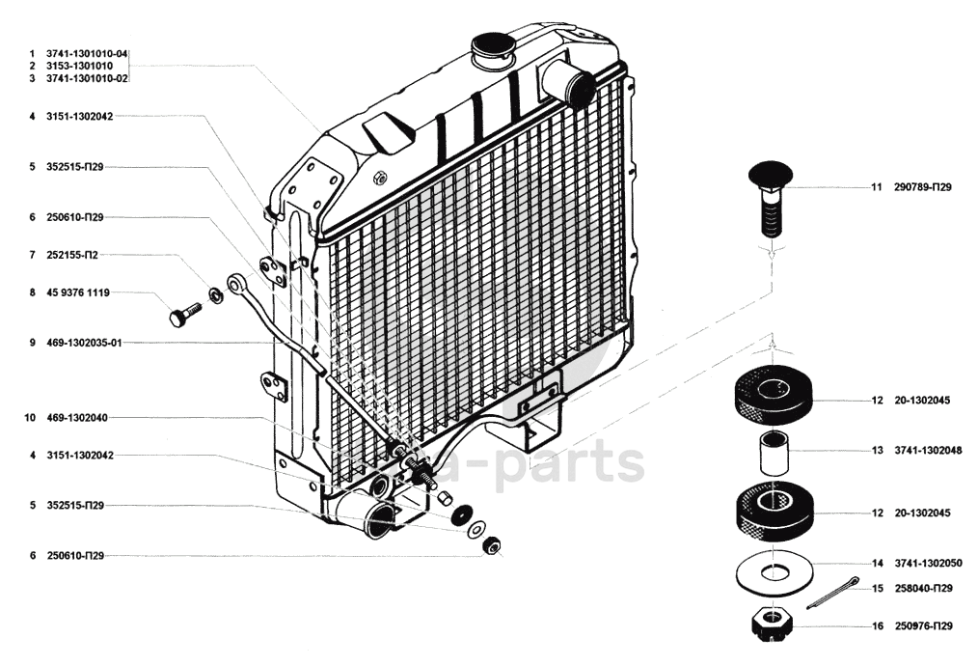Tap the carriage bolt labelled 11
(769, 198)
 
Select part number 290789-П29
(923, 187)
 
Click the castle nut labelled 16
(773, 623)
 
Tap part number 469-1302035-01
(85, 343)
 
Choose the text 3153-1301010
(79, 65)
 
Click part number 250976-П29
(923, 626)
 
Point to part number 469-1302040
(77, 419)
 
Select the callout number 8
(32, 292)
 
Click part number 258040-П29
(923, 588)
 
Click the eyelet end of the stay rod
(237, 284)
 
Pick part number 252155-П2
(72, 256)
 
